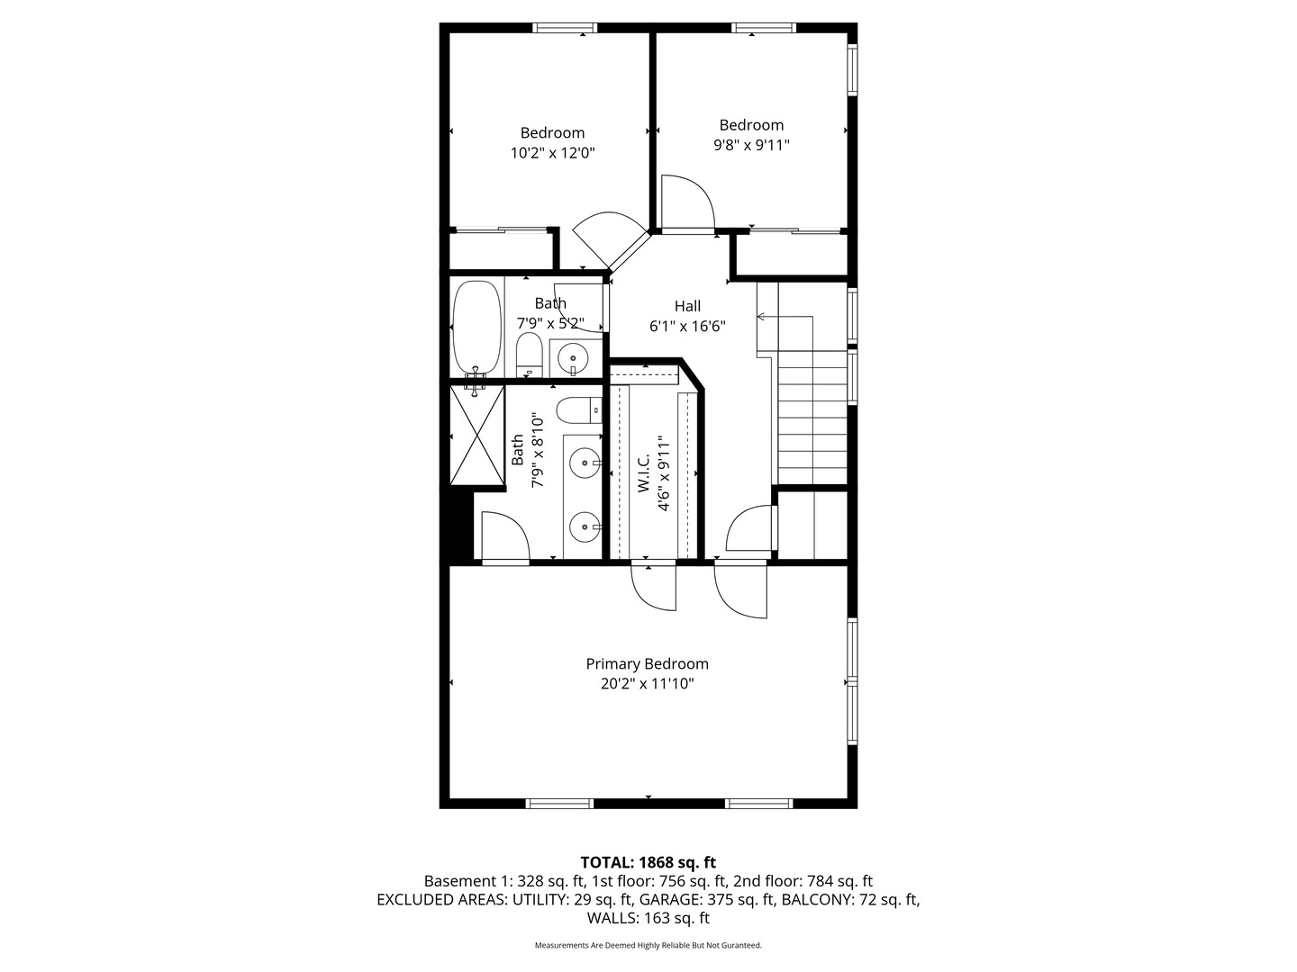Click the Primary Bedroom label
647,664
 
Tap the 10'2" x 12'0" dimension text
552,153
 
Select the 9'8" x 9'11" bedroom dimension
751,145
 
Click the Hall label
687,306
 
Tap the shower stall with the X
476,436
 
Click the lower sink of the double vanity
585,526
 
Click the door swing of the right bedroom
686,202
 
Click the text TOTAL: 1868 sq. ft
648,862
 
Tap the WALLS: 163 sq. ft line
648,918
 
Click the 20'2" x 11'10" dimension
647,684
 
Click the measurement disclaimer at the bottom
648,945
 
